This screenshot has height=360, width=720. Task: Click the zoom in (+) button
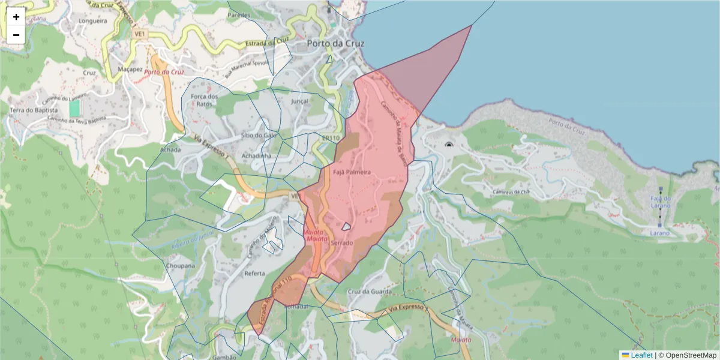[x=16, y=17]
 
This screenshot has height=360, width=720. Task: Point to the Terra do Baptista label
[x=34, y=111]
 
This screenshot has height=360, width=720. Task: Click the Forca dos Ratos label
[x=203, y=100]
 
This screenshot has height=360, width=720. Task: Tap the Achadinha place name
[x=256, y=155]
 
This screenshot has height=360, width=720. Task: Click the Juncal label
[x=299, y=101]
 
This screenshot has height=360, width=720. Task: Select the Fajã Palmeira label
[x=352, y=172]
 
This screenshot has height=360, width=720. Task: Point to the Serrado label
[x=341, y=243]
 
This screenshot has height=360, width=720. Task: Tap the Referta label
[x=255, y=273]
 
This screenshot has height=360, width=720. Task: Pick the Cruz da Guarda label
[x=369, y=292]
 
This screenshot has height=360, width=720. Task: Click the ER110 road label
[x=331, y=139]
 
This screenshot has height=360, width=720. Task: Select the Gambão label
[x=223, y=356]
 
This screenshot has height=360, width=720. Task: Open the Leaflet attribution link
[x=641, y=355]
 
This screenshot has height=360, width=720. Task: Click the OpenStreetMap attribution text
[x=687, y=355]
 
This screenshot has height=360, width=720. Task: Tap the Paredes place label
[x=239, y=15]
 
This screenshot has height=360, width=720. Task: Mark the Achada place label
[x=170, y=149]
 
